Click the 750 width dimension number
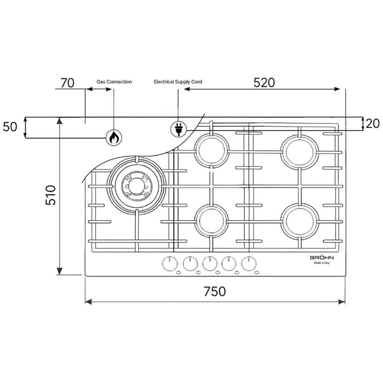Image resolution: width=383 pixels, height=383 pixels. (215, 291)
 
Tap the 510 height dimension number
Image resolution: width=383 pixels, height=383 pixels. (50, 195)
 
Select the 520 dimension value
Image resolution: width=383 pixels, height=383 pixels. (264, 83)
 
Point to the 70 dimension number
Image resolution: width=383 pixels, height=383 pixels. (67, 83)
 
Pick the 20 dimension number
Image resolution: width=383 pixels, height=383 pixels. (372, 124)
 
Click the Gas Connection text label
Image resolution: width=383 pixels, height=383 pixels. (114, 82)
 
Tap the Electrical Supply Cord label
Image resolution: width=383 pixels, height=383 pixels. (178, 82)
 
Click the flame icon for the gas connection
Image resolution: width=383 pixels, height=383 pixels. (114, 138)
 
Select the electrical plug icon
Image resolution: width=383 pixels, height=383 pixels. (179, 129)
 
